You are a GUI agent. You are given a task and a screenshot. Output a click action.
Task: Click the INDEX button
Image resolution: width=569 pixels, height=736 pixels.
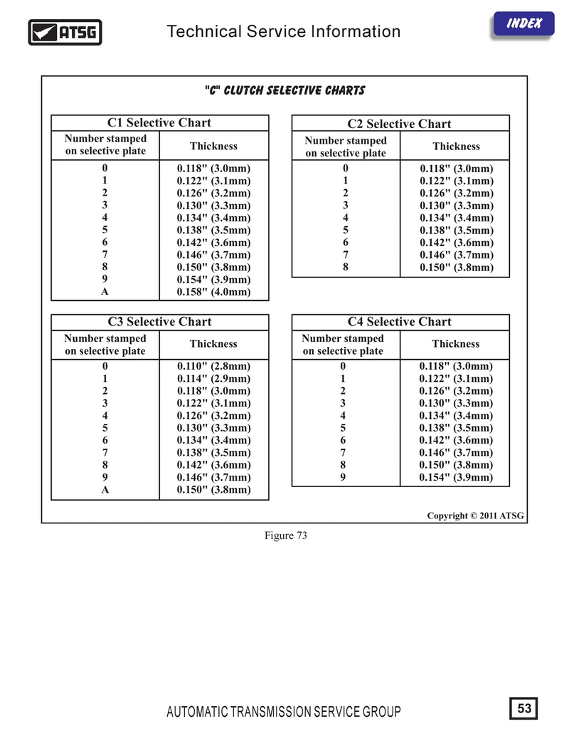pyautogui.click(x=524, y=23)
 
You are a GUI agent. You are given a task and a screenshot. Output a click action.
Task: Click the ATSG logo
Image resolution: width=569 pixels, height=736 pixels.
pyautogui.click(x=65, y=32)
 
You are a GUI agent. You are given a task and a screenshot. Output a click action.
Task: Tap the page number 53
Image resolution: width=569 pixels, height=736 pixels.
pyautogui.click(x=525, y=708)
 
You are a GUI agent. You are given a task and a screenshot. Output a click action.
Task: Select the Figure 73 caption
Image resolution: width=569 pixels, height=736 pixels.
pyautogui.click(x=284, y=536)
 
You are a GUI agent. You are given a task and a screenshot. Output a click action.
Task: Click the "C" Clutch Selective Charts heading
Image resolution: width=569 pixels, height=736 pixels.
pyautogui.click(x=284, y=90)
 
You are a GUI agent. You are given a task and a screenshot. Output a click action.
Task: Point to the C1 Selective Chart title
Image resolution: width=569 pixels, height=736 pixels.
pyautogui.click(x=159, y=122)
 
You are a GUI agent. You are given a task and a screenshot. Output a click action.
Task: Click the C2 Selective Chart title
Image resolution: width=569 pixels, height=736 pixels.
pyautogui.click(x=399, y=124)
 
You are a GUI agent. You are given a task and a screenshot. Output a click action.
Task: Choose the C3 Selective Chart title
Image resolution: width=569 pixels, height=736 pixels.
pyautogui.click(x=159, y=321)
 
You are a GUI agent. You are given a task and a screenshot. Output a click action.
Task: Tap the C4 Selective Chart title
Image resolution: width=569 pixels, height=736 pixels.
pyautogui.click(x=399, y=321)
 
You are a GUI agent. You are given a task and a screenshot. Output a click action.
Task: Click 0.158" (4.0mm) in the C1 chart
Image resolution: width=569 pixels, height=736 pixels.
pyautogui.click(x=213, y=292)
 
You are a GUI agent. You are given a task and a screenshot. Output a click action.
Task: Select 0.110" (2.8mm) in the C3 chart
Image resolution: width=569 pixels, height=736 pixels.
pyautogui.click(x=213, y=366)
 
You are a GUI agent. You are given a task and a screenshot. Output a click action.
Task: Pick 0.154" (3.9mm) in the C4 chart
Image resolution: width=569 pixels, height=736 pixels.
pyautogui.click(x=456, y=477)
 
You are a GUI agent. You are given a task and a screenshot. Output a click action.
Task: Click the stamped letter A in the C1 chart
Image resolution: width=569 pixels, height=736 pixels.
pyautogui.click(x=105, y=292)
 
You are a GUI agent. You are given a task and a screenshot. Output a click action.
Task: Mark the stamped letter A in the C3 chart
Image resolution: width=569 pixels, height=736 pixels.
pyautogui.click(x=105, y=490)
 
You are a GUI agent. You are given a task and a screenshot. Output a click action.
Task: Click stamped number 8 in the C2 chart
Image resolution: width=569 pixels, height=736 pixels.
pyautogui.click(x=346, y=267)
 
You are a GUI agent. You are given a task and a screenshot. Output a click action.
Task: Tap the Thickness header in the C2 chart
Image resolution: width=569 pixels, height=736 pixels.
pyautogui.click(x=456, y=146)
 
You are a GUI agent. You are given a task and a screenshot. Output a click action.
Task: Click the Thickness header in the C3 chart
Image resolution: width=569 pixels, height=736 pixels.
pyautogui.click(x=213, y=344)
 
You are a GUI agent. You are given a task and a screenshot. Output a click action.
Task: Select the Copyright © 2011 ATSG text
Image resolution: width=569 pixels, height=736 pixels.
pyautogui.click(x=475, y=516)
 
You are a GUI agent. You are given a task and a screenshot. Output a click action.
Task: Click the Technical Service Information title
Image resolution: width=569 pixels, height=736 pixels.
pyautogui.click(x=283, y=32)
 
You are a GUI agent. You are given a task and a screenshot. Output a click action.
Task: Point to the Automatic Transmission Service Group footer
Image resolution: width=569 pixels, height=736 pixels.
pyautogui.click(x=283, y=712)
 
